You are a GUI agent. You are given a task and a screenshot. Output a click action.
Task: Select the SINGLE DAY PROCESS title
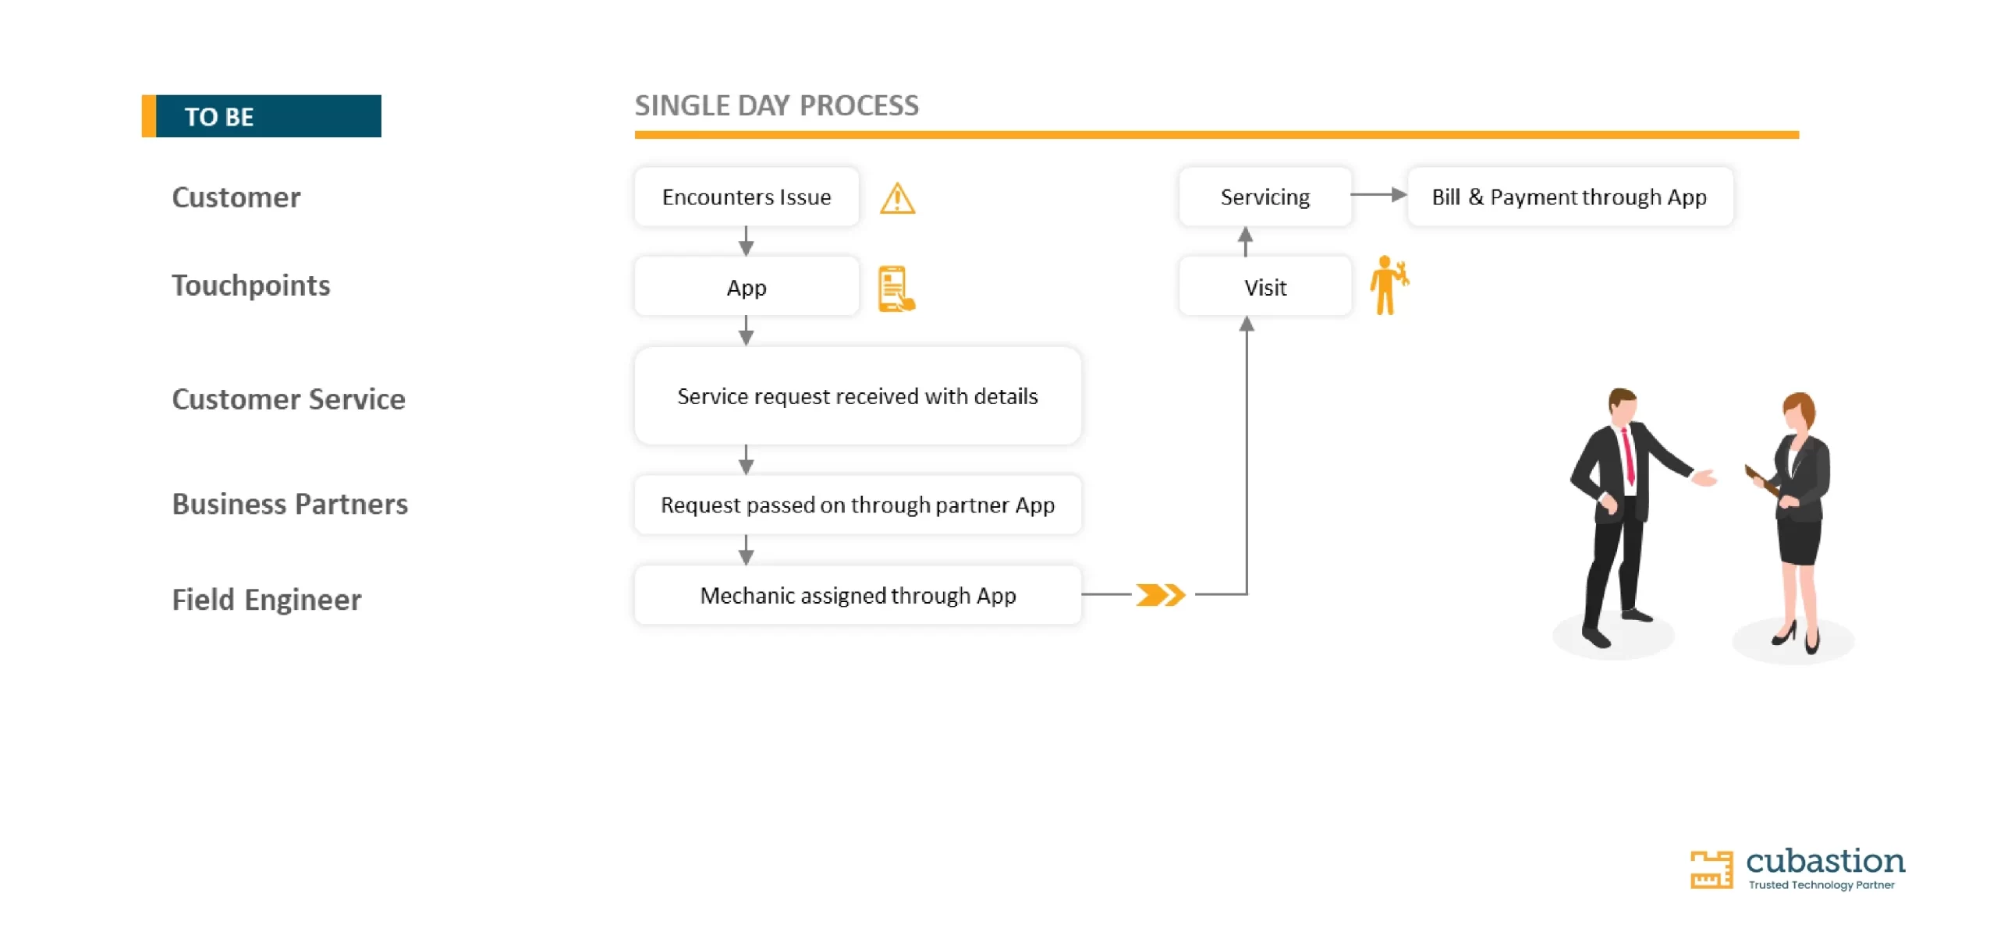(x=776, y=105)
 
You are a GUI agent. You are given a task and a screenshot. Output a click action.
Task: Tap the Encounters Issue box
(x=747, y=197)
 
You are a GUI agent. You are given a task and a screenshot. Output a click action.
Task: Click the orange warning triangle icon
(x=897, y=198)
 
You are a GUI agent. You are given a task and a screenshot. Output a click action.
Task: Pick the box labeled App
(x=747, y=287)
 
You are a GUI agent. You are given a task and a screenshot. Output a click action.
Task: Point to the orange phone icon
(x=896, y=289)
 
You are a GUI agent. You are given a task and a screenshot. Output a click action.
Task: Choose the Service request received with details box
(x=857, y=396)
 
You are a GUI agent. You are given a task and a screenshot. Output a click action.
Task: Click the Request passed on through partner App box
(x=857, y=505)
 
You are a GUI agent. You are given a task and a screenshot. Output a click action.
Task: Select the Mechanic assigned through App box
(x=857, y=595)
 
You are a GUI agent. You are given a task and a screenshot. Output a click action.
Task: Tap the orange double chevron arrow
(x=1160, y=595)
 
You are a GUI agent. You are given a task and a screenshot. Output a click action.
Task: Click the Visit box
(x=1265, y=287)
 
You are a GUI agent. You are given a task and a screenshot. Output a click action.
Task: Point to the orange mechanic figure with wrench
(x=1389, y=285)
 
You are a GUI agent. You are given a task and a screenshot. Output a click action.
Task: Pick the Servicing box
(x=1265, y=197)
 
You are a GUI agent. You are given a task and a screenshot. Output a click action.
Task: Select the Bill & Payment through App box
(x=1570, y=197)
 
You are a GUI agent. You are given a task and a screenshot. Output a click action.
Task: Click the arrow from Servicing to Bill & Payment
(x=1378, y=194)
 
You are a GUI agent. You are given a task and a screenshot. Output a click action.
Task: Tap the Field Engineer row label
(x=267, y=600)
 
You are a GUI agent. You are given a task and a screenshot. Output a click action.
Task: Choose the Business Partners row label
(x=290, y=504)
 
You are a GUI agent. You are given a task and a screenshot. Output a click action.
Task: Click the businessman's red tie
(x=1628, y=457)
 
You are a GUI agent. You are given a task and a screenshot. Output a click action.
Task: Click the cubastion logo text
(x=1825, y=861)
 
